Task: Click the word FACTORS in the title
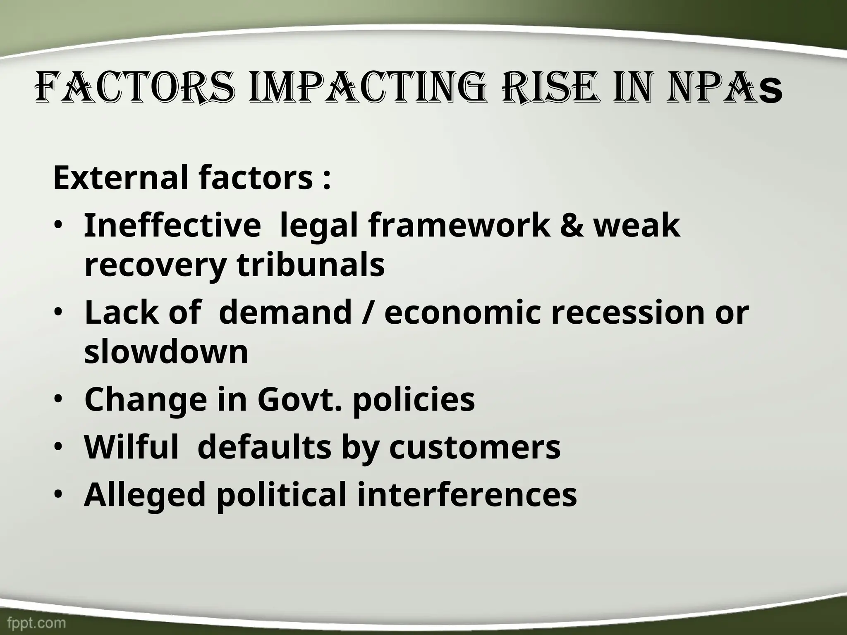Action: click(x=135, y=88)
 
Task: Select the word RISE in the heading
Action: click(x=550, y=88)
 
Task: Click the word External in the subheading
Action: click(x=122, y=177)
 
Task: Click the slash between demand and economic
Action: click(x=368, y=313)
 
